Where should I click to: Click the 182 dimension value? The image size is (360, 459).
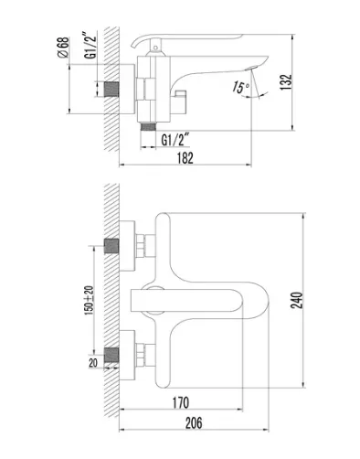(185, 158)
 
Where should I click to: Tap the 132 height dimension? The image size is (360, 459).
(286, 82)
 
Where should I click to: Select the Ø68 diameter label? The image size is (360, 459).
(63, 48)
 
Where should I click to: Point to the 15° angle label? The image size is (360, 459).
(240, 87)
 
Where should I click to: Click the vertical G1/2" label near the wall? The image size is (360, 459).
(90, 46)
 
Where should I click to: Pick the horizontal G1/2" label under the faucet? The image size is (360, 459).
(175, 140)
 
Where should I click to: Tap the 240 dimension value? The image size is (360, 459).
(297, 300)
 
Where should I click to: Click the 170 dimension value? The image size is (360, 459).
(181, 402)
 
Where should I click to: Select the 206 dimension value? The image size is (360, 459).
(194, 423)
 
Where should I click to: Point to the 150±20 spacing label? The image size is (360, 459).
(90, 300)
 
